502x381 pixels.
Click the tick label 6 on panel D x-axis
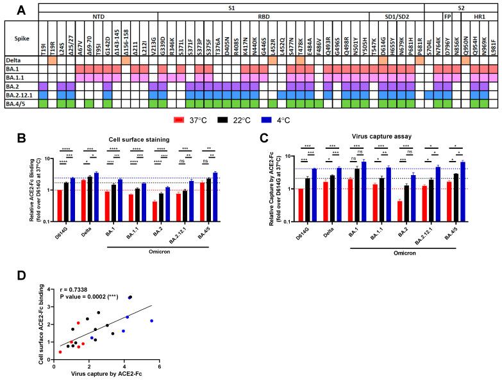click(159, 365)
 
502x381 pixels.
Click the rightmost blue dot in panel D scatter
click(151, 321)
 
